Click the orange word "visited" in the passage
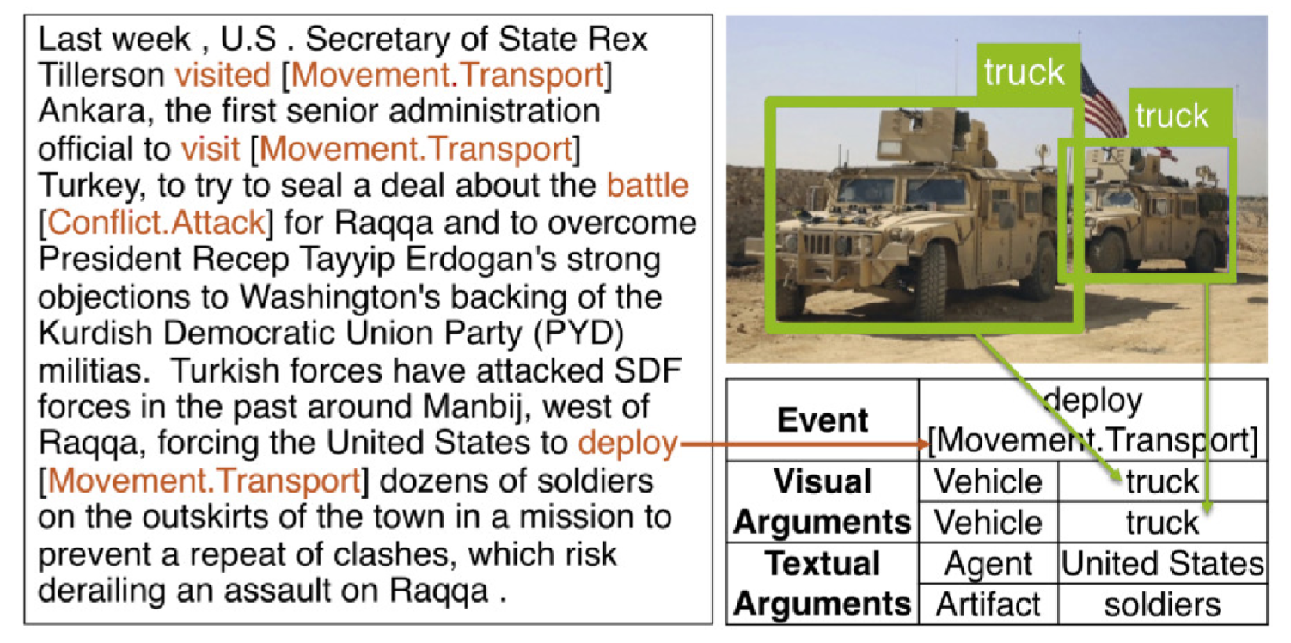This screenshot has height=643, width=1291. [x=223, y=75]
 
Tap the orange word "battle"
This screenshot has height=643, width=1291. [x=648, y=186]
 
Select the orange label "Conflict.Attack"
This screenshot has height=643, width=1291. [x=156, y=223]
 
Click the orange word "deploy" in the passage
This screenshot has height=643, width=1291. [x=627, y=444]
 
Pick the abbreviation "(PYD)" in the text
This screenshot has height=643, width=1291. [x=579, y=333]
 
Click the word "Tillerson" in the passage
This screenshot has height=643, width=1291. [x=101, y=75]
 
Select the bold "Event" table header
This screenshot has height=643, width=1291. [x=823, y=420]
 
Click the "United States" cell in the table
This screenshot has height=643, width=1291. [x=1163, y=564]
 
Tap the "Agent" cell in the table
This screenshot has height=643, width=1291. [x=988, y=565]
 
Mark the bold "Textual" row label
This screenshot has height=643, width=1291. [x=823, y=564]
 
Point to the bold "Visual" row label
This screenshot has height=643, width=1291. [x=823, y=481]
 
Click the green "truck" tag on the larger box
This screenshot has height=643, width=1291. [x=1025, y=72]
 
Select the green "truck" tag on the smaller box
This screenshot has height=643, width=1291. [x=1172, y=116]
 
